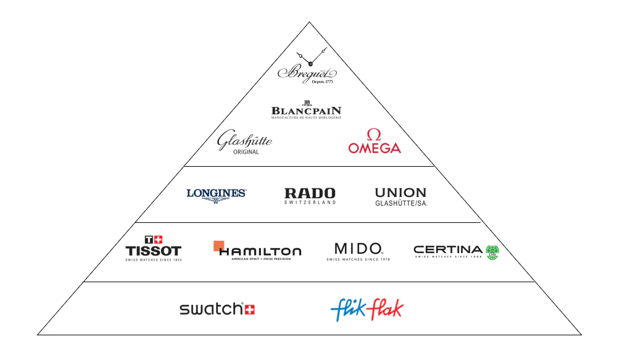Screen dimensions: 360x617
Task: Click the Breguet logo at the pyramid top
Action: tap(307, 73)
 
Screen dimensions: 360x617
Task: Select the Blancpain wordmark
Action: tap(306, 112)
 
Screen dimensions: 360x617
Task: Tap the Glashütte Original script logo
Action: tap(244, 141)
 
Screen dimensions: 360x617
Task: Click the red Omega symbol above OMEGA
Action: tap(373, 135)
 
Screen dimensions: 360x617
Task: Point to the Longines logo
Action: tap(216, 194)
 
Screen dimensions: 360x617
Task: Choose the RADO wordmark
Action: tap(310, 193)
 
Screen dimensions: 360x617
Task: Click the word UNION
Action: tap(400, 193)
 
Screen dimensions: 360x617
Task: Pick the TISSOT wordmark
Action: tap(153, 251)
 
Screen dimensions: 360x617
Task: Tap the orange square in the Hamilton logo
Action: tap(218, 246)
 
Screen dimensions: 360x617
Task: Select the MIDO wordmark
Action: tap(358, 248)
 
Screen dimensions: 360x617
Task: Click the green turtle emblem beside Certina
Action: tap(492, 252)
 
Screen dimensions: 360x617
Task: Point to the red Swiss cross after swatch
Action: tap(249, 309)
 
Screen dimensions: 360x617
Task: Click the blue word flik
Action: tap(349, 309)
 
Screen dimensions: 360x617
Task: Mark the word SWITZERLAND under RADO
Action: tap(310, 203)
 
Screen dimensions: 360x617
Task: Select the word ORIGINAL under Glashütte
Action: tap(246, 152)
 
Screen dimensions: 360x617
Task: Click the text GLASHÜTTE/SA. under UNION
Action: tap(401, 203)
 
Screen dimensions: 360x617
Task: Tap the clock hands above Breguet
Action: tap(310, 59)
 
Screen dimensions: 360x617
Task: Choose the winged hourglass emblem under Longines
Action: tap(216, 201)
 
